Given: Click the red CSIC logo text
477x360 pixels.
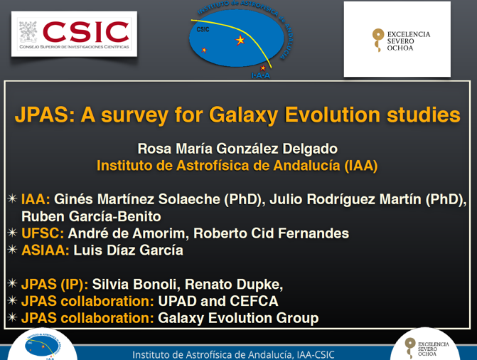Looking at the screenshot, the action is point(86,32).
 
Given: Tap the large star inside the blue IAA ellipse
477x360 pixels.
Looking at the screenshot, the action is point(240,40).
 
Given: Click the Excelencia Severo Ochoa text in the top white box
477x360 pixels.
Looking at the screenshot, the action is point(409,41).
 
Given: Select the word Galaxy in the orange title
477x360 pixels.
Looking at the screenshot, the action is point(243,115).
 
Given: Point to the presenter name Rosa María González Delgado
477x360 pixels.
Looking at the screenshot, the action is point(237,149).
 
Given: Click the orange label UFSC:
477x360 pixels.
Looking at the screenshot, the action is point(43,233).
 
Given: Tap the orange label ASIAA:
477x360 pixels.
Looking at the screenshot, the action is point(45,250).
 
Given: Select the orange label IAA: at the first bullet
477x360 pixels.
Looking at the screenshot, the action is point(36,199).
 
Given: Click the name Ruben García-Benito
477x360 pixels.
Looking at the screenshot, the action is point(91,216).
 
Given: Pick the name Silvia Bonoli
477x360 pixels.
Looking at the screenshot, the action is point(134,284).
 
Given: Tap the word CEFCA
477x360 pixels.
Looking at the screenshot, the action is point(254,301).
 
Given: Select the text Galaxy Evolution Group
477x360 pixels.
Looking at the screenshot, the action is point(238,318).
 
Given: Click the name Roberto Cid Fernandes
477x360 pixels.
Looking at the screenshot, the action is point(272,233).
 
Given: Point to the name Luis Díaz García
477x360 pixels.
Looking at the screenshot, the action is point(129,250).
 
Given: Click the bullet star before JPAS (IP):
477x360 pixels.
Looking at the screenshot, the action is point(13,283).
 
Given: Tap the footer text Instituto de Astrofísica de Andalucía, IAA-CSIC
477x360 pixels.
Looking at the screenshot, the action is point(233,355).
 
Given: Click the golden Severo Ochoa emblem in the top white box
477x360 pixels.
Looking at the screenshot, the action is point(378,41).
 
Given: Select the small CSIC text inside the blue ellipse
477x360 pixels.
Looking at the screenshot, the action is point(203,29).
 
